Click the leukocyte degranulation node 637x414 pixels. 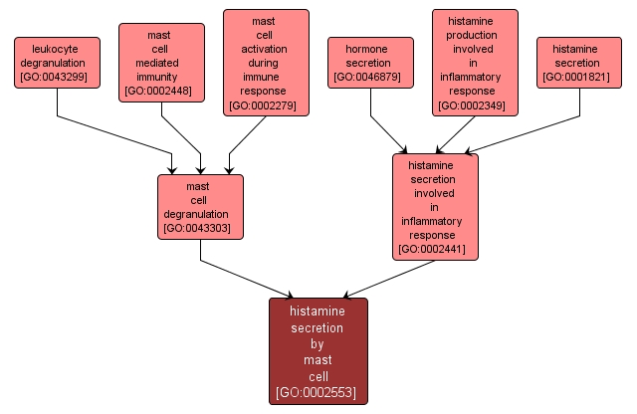coord(57,62)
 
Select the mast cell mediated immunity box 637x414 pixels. coord(161,62)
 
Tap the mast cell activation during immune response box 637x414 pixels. coord(266,62)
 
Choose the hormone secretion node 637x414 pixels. coord(370,62)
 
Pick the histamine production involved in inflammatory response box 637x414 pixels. coord(475,62)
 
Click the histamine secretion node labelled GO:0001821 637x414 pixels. coord(579,62)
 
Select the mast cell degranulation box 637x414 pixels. coord(200,206)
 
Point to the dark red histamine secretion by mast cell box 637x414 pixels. coord(318,350)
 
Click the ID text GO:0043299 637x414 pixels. coord(57,77)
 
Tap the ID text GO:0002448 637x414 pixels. coord(161,92)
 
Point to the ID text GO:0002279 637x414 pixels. coord(266,104)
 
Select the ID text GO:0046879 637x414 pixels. coord(370,77)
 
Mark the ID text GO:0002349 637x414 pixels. coord(475,104)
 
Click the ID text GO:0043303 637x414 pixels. coord(200,229)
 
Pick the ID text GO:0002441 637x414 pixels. coord(435,249)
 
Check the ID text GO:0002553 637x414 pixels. coord(318,393)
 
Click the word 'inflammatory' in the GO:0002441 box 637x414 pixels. coord(435,221)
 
